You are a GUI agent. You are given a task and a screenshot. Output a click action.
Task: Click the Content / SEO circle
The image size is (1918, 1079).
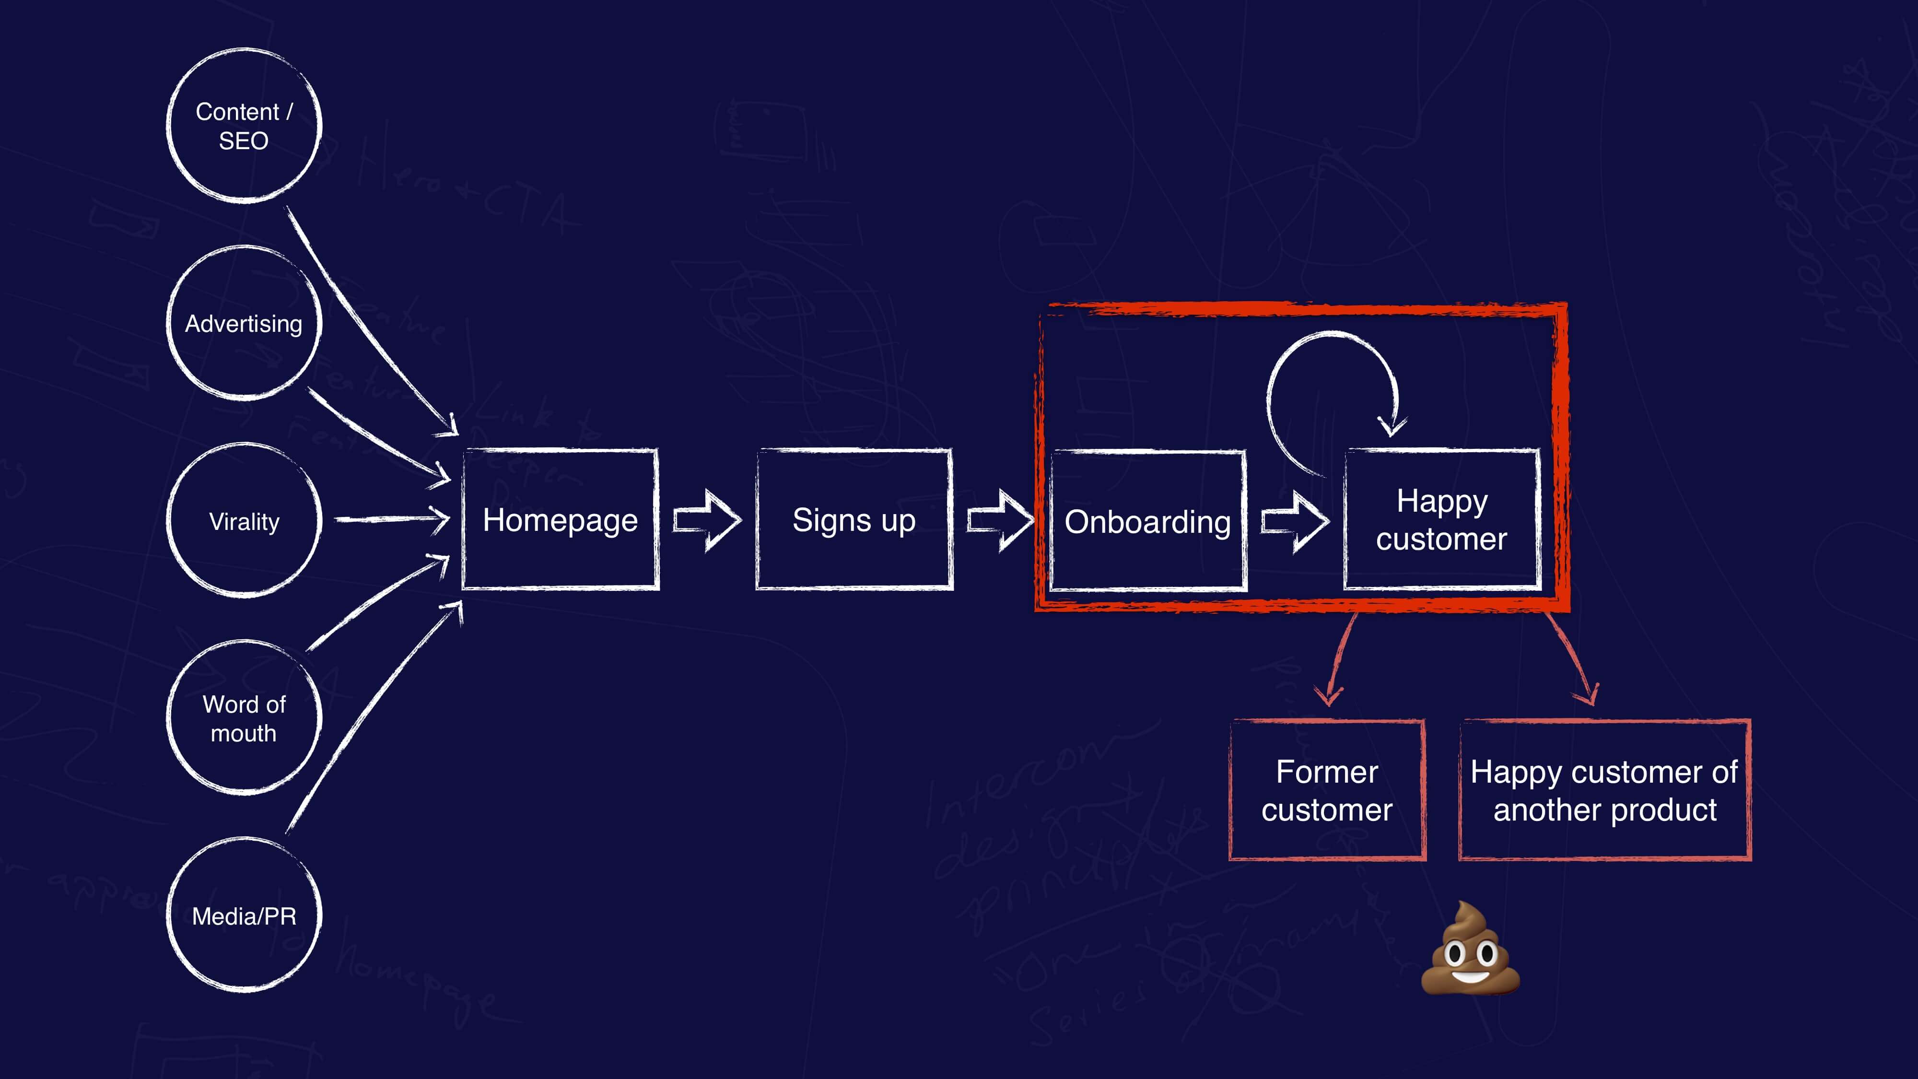[244, 125]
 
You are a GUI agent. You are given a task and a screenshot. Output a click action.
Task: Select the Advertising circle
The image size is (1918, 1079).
[244, 323]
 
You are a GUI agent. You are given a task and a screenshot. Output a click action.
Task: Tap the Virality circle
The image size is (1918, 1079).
[244, 520]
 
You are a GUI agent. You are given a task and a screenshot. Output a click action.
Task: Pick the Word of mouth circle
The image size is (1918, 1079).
[244, 718]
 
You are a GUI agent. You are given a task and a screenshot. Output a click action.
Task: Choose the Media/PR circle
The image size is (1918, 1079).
[244, 915]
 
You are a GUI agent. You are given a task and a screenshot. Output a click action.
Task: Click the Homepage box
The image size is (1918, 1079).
[560, 520]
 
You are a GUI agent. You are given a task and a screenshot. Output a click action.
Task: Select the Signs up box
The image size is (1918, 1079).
[854, 520]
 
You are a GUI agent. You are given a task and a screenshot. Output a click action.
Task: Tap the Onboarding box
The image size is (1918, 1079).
[1147, 521]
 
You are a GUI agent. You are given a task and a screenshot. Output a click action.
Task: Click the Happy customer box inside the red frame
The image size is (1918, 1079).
[1441, 520]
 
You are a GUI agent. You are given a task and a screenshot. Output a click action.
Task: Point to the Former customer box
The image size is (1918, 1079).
[1327, 790]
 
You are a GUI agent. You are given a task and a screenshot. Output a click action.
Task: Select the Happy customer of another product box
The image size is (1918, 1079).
[1604, 790]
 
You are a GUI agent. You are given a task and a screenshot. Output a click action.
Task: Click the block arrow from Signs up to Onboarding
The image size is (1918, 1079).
[1000, 520]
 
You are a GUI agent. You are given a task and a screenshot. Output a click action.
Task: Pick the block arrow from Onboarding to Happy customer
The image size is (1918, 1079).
[1294, 521]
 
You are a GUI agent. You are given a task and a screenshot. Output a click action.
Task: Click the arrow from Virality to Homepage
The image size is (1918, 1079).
[391, 519]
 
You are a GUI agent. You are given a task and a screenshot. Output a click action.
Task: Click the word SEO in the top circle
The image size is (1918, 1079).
[244, 141]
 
